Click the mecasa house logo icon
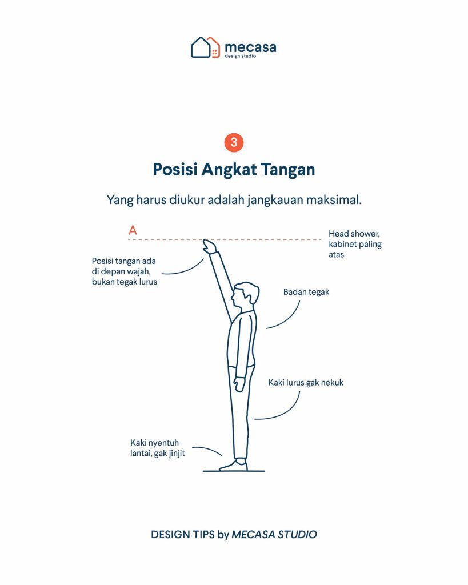[205, 47]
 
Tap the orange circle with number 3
[234, 142]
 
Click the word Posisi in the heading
[175, 169]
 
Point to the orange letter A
[133, 230]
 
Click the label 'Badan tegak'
[306, 292]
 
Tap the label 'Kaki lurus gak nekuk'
[306, 382]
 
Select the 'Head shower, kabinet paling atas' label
[355, 244]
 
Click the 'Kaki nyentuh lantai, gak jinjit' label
[158, 448]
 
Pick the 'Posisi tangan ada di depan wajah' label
[124, 271]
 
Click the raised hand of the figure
[209, 246]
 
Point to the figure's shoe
[234, 466]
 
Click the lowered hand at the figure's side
[239, 384]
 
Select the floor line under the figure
[234, 471]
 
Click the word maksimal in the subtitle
[334, 199]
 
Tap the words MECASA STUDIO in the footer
[274, 534]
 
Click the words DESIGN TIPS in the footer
[182, 534]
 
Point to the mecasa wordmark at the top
[250, 49]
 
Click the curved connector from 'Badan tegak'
[290, 320]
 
